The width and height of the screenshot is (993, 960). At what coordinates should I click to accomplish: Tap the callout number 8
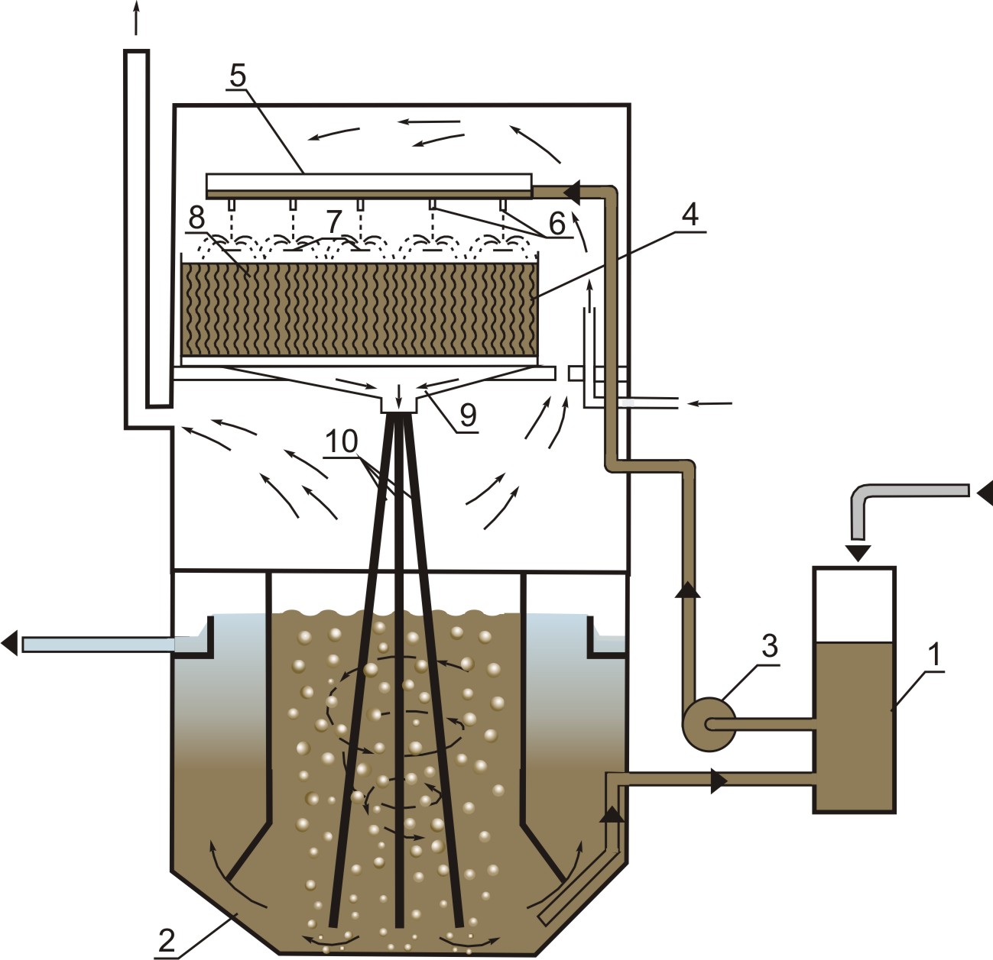click(197, 217)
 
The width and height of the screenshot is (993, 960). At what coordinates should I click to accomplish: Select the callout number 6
click(557, 223)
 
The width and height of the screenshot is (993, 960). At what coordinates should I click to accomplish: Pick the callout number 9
click(467, 415)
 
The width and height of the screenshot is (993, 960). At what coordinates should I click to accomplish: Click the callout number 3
click(769, 646)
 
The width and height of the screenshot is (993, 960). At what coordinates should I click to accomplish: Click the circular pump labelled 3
click(708, 723)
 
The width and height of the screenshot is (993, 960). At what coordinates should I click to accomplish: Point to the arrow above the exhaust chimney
click(136, 17)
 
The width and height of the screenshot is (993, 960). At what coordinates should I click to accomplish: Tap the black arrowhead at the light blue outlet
click(9, 644)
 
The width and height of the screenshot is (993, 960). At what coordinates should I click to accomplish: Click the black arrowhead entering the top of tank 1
click(860, 551)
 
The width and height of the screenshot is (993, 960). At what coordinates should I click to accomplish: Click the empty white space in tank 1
click(854, 605)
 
